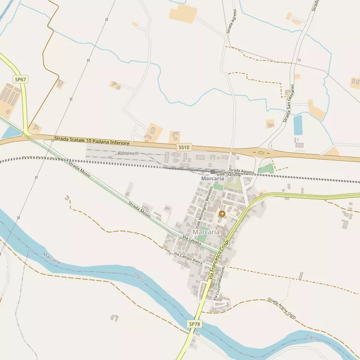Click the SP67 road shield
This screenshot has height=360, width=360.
tap(21, 80)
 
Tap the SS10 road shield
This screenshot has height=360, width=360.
tap(184, 147)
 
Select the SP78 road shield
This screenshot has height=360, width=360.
tap(195, 324)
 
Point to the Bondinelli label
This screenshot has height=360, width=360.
tap(128, 154)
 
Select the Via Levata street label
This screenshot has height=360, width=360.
tap(192, 241)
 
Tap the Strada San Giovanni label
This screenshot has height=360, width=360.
tap(289, 104)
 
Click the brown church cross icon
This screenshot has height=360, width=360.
tap(222, 214)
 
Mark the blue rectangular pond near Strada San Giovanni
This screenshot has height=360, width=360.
tap(298, 125)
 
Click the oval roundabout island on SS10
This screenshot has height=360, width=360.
tap(259, 152)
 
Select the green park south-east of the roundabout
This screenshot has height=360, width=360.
tap(266, 169)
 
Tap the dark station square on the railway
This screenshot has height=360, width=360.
tap(212, 172)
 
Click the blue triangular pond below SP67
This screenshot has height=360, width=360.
tap(11, 133)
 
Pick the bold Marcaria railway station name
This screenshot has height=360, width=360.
tap(212, 179)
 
